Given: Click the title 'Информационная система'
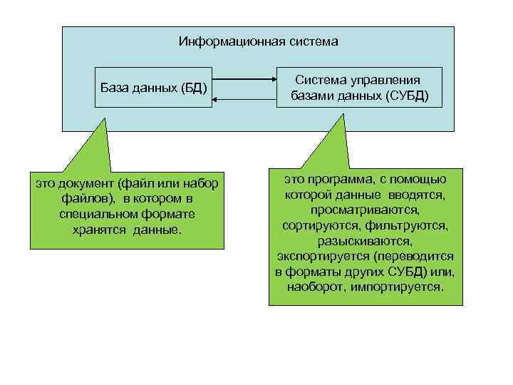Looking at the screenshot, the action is click(258, 41).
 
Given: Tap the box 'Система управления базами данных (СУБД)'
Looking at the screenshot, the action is click(359, 87).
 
